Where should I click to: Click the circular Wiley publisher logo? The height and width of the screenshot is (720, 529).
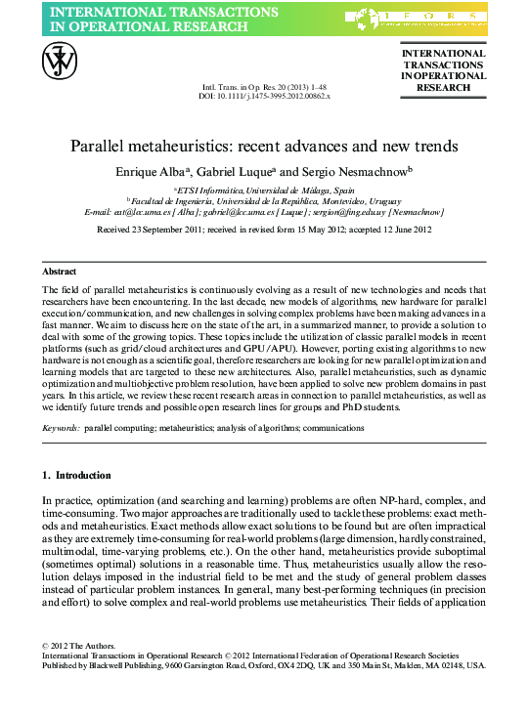point(59,64)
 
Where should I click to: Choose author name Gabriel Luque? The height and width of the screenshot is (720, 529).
point(237,171)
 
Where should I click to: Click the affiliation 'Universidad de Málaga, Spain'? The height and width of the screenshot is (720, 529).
point(305,190)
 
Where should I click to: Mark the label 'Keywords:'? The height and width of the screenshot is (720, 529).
point(62,428)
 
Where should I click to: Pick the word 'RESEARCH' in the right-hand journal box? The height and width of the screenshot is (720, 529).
point(443,88)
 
